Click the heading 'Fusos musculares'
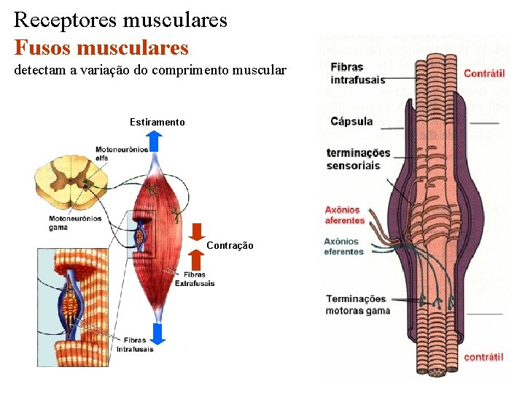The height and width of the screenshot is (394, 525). pyautogui.click(x=101, y=48)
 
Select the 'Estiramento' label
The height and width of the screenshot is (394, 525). pyautogui.click(x=157, y=122)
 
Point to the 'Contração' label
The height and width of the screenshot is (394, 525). pyautogui.click(x=230, y=245)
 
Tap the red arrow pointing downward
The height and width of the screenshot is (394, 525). pyautogui.click(x=197, y=231)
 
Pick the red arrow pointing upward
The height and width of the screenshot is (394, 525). pyautogui.click(x=197, y=260)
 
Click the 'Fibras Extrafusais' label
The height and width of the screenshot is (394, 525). pyautogui.click(x=195, y=279)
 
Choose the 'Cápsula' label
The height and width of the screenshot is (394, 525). pyautogui.click(x=352, y=121)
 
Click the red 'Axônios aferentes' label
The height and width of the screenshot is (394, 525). pyautogui.click(x=344, y=215)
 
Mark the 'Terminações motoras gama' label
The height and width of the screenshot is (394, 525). pyautogui.click(x=357, y=304)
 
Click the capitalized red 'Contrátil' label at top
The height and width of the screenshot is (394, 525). pyautogui.click(x=483, y=74)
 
